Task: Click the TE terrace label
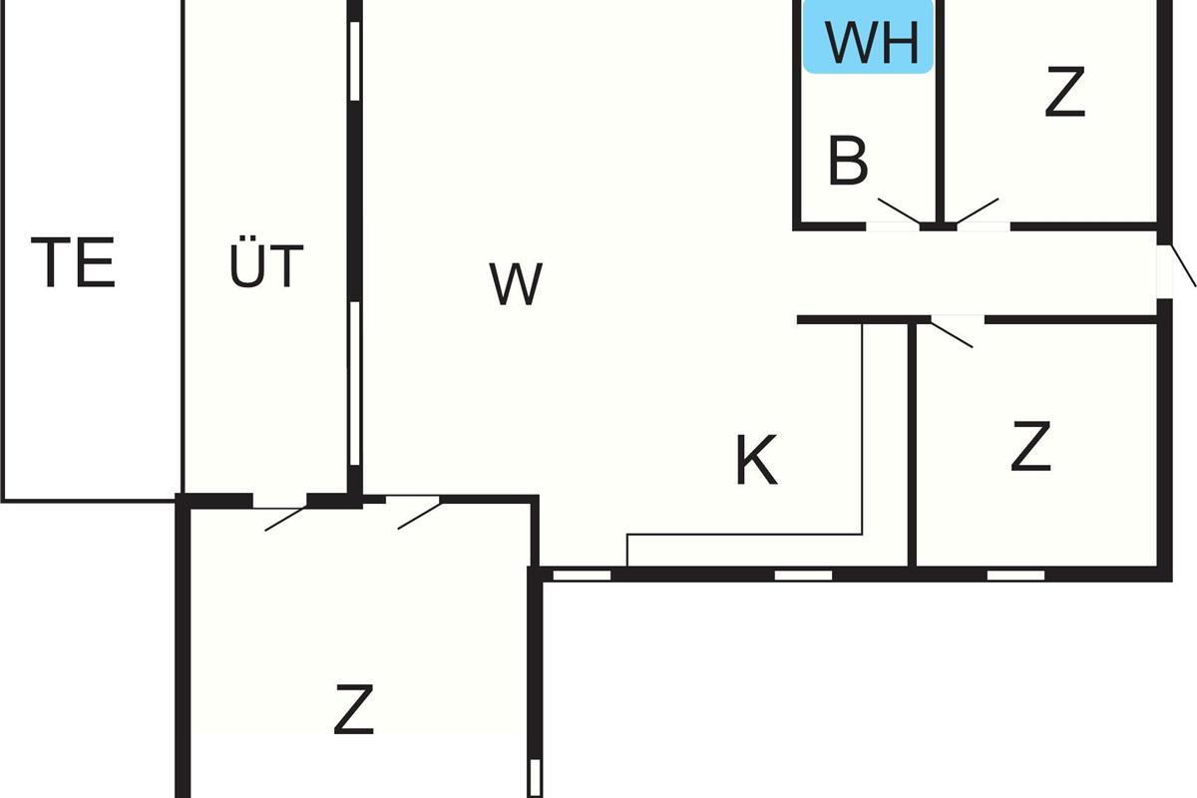(x=74, y=262)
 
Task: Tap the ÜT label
(x=266, y=266)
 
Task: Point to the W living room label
(x=516, y=284)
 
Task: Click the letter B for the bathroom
(x=848, y=162)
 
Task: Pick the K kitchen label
(x=756, y=462)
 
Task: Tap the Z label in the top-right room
(x=1064, y=93)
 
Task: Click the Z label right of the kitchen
(x=1030, y=448)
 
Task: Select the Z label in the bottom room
(x=353, y=709)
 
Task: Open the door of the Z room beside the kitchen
(x=953, y=331)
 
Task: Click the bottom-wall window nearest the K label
(x=803, y=575)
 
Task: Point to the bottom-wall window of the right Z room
(x=1015, y=575)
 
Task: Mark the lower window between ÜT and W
(x=354, y=384)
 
